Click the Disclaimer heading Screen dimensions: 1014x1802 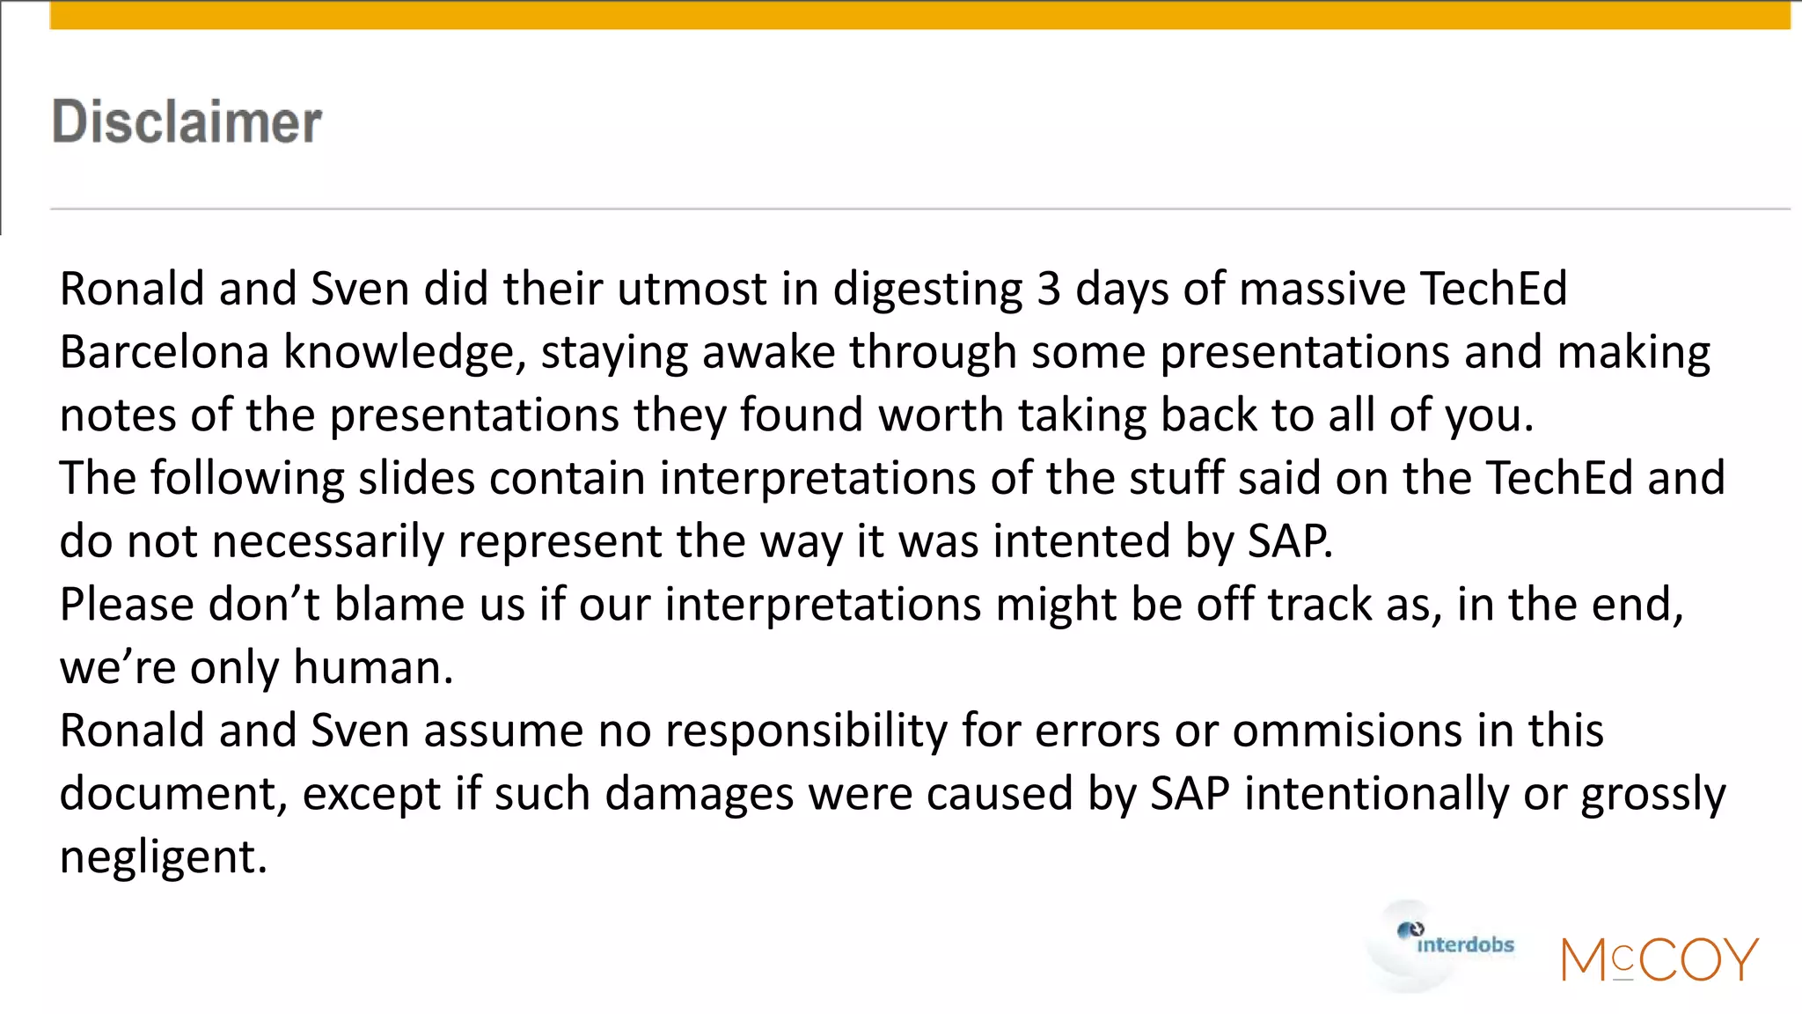pyautogui.click(x=187, y=121)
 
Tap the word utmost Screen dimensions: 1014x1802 pyautogui.click(x=692, y=289)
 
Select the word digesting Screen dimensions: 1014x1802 pyautogui.click(x=927, y=290)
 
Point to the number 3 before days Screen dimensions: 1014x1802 pyautogui.click(x=1048, y=289)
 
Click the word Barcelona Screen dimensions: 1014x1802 pyautogui.click(x=164, y=352)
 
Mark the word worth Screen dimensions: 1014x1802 pyautogui.click(x=941, y=415)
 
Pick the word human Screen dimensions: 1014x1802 pyautogui.click(x=373, y=668)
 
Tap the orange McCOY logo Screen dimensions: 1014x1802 pyautogui.click(x=1659, y=959)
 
